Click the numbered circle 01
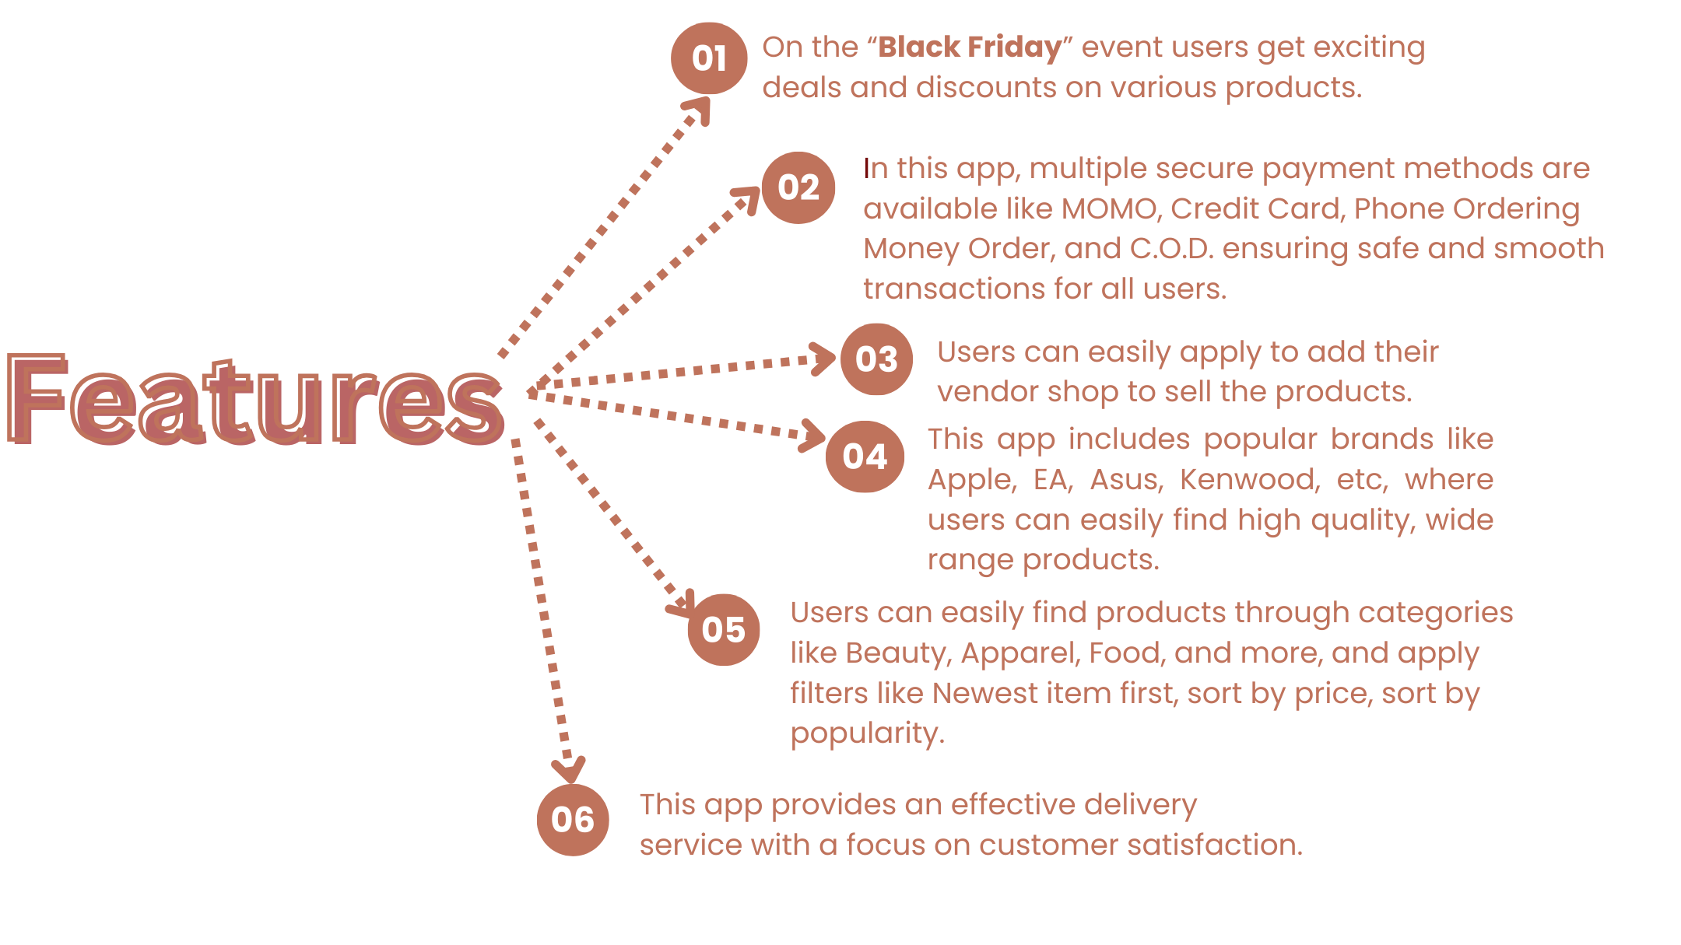click(709, 58)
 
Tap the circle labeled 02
click(798, 187)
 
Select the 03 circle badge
click(877, 359)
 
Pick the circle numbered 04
click(865, 457)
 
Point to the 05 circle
click(724, 630)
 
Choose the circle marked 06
click(573, 820)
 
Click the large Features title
click(255, 400)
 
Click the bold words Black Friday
click(970, 47)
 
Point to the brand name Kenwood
click(1250, 480)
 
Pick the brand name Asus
click(1126, 480)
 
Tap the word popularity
click(867, 734)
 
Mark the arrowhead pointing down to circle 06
click(569, 770)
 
